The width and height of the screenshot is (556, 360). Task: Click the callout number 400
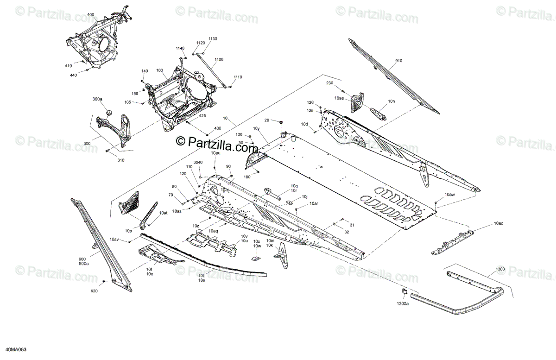[x=90, y=15]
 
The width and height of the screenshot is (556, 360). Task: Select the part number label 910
[x=399, y=61]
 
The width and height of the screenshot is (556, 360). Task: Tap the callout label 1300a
[x=403, y=304]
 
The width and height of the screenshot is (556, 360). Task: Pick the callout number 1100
[x=219, y=60]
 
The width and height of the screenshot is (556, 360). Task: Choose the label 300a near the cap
[x=97, y=99]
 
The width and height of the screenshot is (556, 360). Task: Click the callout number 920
[x=95, y=291]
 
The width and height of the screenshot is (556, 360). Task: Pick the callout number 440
[x=73, y=75]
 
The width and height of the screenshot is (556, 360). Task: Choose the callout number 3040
[x=198, y=162]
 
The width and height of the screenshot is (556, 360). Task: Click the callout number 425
[x=202, y=116]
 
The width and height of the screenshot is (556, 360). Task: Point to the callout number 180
[x=247, y=177]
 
